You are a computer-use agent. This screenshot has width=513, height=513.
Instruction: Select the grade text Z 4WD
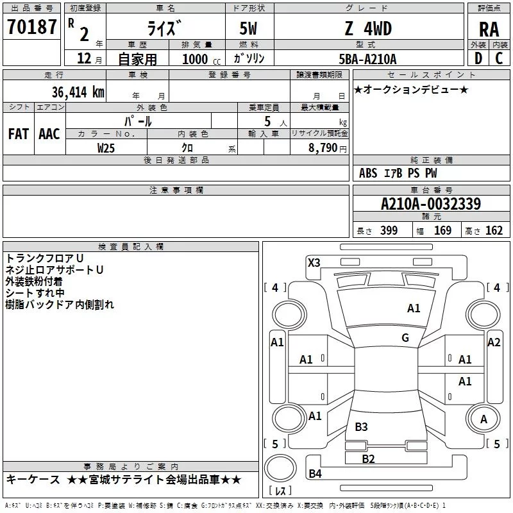[x=367, y=29]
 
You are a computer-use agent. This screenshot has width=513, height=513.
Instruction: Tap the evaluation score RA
[x=489, y=29]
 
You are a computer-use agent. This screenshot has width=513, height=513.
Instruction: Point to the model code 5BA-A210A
[x=367, y=59]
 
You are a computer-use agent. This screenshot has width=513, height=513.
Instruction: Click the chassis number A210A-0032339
[x=430, y=205]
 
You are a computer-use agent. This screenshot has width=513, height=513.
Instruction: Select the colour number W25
[x=106, y=148]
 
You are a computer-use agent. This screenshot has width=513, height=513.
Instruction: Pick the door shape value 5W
[x=249, y=29]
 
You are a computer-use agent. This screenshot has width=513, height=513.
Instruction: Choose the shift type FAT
[x=19, y=133]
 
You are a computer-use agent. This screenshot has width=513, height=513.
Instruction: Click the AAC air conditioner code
[x=49, y=133]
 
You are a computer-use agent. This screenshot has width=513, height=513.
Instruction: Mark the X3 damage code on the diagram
[x=314, y=262]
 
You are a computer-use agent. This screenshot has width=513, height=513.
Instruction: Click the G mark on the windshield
[x=405, y=338]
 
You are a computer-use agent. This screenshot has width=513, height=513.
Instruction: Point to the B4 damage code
[x=315, y=474]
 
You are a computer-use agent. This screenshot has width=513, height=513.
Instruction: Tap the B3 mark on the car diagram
[x=361, y=426]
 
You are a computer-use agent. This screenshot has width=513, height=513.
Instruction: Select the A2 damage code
[x=494, y=342]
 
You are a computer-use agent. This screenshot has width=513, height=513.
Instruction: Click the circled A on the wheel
[x=484, y=419]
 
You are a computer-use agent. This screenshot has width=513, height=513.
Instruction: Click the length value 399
[x=389, y=231]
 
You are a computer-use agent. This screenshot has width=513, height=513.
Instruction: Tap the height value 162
[x=494, y=231]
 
